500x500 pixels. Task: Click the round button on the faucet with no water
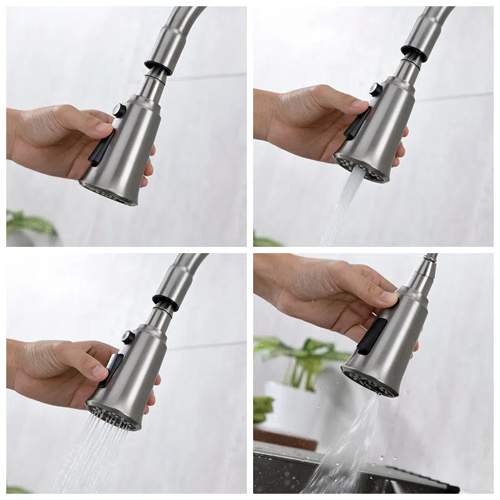tap(119, 111)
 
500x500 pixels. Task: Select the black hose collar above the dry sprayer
tap(159, 62)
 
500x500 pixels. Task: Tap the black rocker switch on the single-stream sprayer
tap(357, 123)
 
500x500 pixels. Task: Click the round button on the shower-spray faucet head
tap(128, 337)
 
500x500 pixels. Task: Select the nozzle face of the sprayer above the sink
tap(369, 382)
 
